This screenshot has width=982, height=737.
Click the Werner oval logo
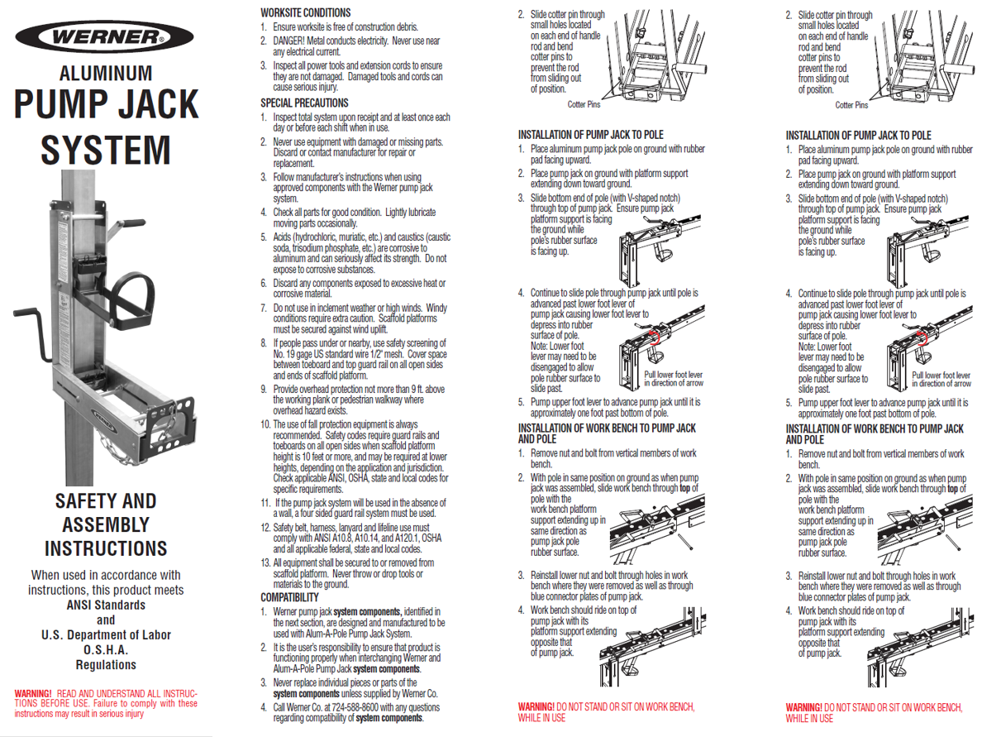[x=105, y=36]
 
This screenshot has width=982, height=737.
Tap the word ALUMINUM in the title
[x=106, y=74]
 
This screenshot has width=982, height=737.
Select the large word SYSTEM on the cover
[x=106, y=151]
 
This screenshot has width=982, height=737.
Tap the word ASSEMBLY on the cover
[x=106, y=524]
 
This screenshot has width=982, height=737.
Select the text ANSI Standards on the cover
[x=106, y=605]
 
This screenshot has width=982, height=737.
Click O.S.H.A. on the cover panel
[x=106, y=650]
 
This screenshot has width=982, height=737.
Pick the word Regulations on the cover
[x=106, y=665]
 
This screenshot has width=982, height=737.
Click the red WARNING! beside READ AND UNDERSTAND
[x=33, y=694]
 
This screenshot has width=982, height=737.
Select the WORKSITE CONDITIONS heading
[x=306, y=12]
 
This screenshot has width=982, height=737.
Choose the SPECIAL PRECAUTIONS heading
[x=304, y=103]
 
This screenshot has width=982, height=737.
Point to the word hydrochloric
[x=314, y=237]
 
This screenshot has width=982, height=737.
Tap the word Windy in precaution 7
[x=436, y=308]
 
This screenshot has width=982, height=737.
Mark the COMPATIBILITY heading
[x=289, y=597]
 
